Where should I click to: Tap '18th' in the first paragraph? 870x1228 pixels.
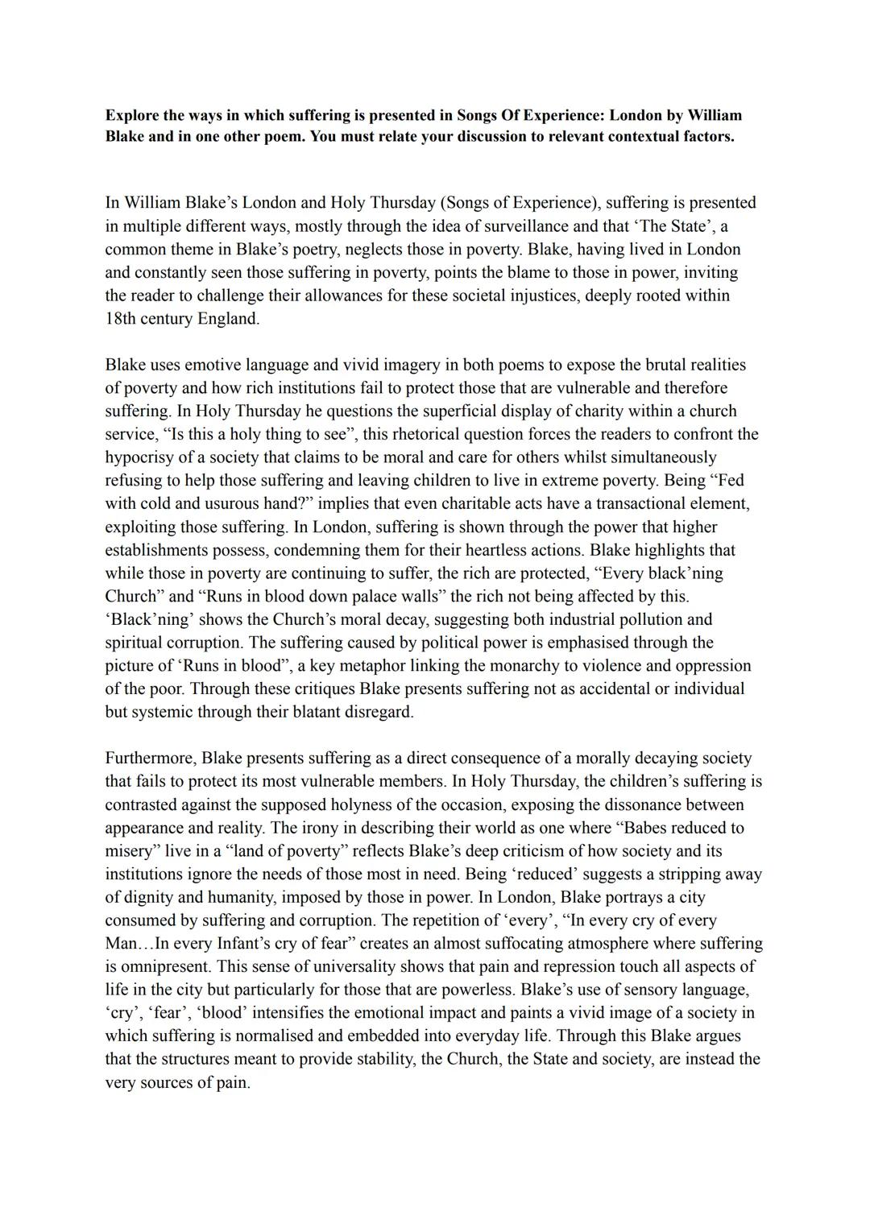point(120,319)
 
